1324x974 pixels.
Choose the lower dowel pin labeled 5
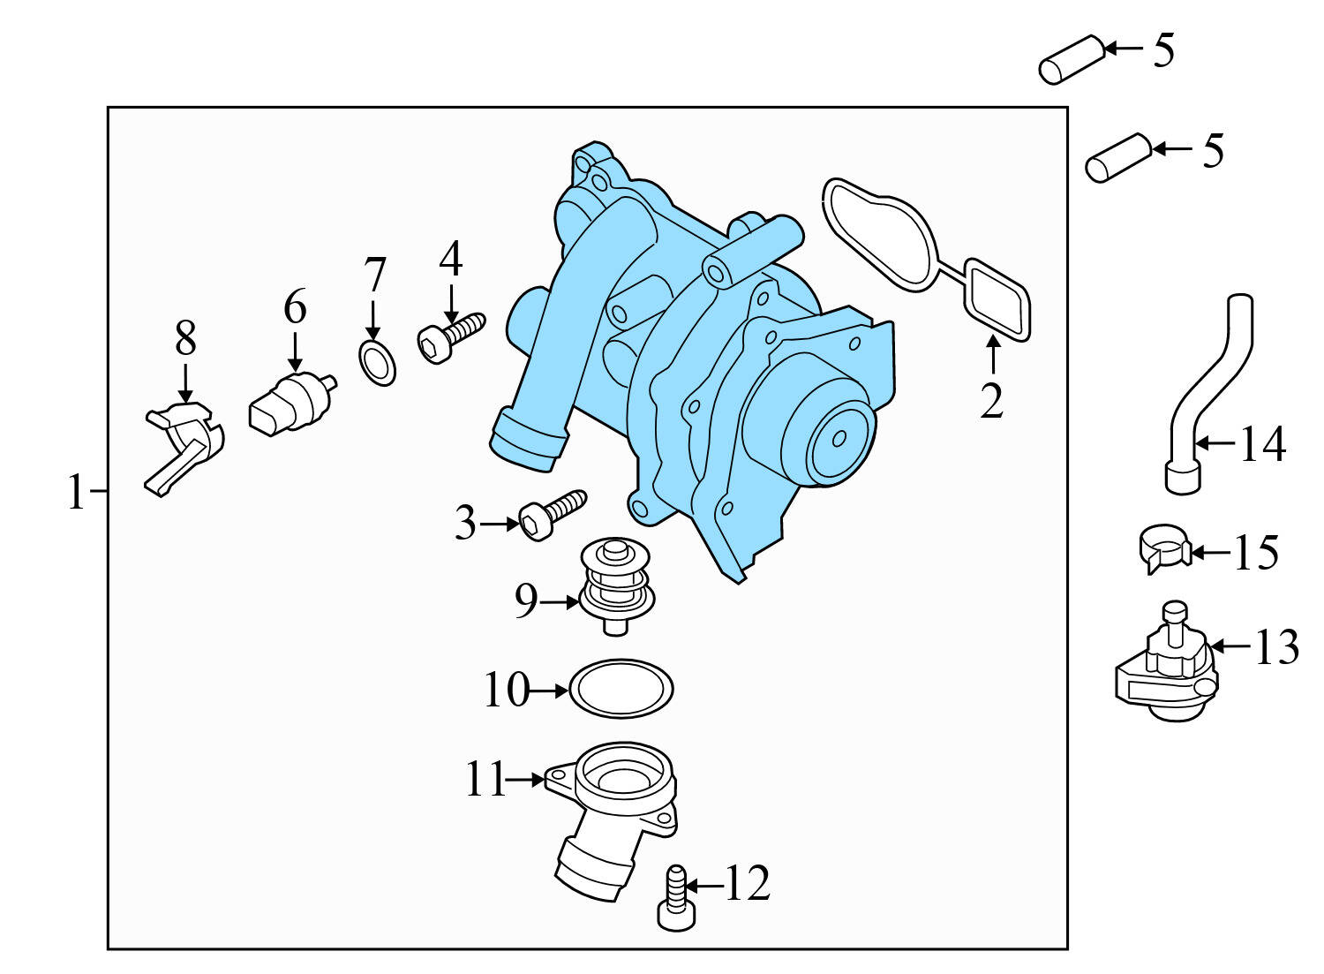(1118, 158)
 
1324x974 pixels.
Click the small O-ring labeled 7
(378, 365)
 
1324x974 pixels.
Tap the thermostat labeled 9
(616, 587)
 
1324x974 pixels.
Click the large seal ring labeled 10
(621, 688)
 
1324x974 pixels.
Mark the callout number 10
(506, 690)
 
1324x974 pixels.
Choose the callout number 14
(1262, 444)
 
